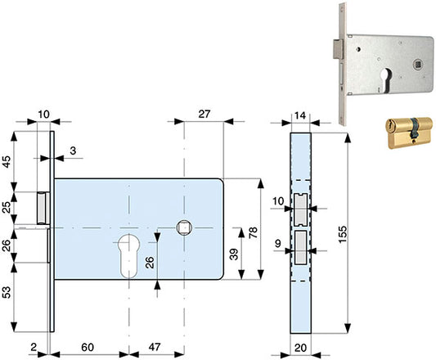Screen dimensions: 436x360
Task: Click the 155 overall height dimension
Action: (343, 234)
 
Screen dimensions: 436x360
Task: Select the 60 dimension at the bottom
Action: (88, 347)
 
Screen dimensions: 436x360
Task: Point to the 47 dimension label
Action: (155, 347)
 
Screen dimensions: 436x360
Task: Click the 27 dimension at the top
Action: (205, 114)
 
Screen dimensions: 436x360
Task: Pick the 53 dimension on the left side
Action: (6, 292)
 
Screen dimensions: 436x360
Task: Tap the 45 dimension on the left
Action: (6, 162)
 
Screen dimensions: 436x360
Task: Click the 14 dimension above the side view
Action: (300, 115)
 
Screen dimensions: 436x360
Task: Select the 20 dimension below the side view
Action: (300, 348)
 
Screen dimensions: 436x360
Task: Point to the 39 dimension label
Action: (235, 254)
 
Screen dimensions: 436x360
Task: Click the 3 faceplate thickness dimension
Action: (73, 151)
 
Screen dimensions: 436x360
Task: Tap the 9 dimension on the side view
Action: (278, 244)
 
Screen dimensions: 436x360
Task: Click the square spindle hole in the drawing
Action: (184, 227)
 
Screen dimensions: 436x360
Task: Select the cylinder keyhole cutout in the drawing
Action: (129, 256)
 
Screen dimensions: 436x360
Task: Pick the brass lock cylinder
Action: (409, 133)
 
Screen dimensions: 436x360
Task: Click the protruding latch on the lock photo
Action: (339, 49)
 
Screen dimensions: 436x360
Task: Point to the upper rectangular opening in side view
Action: (300, 209)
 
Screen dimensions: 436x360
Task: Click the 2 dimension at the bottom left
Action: (34, 347)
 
